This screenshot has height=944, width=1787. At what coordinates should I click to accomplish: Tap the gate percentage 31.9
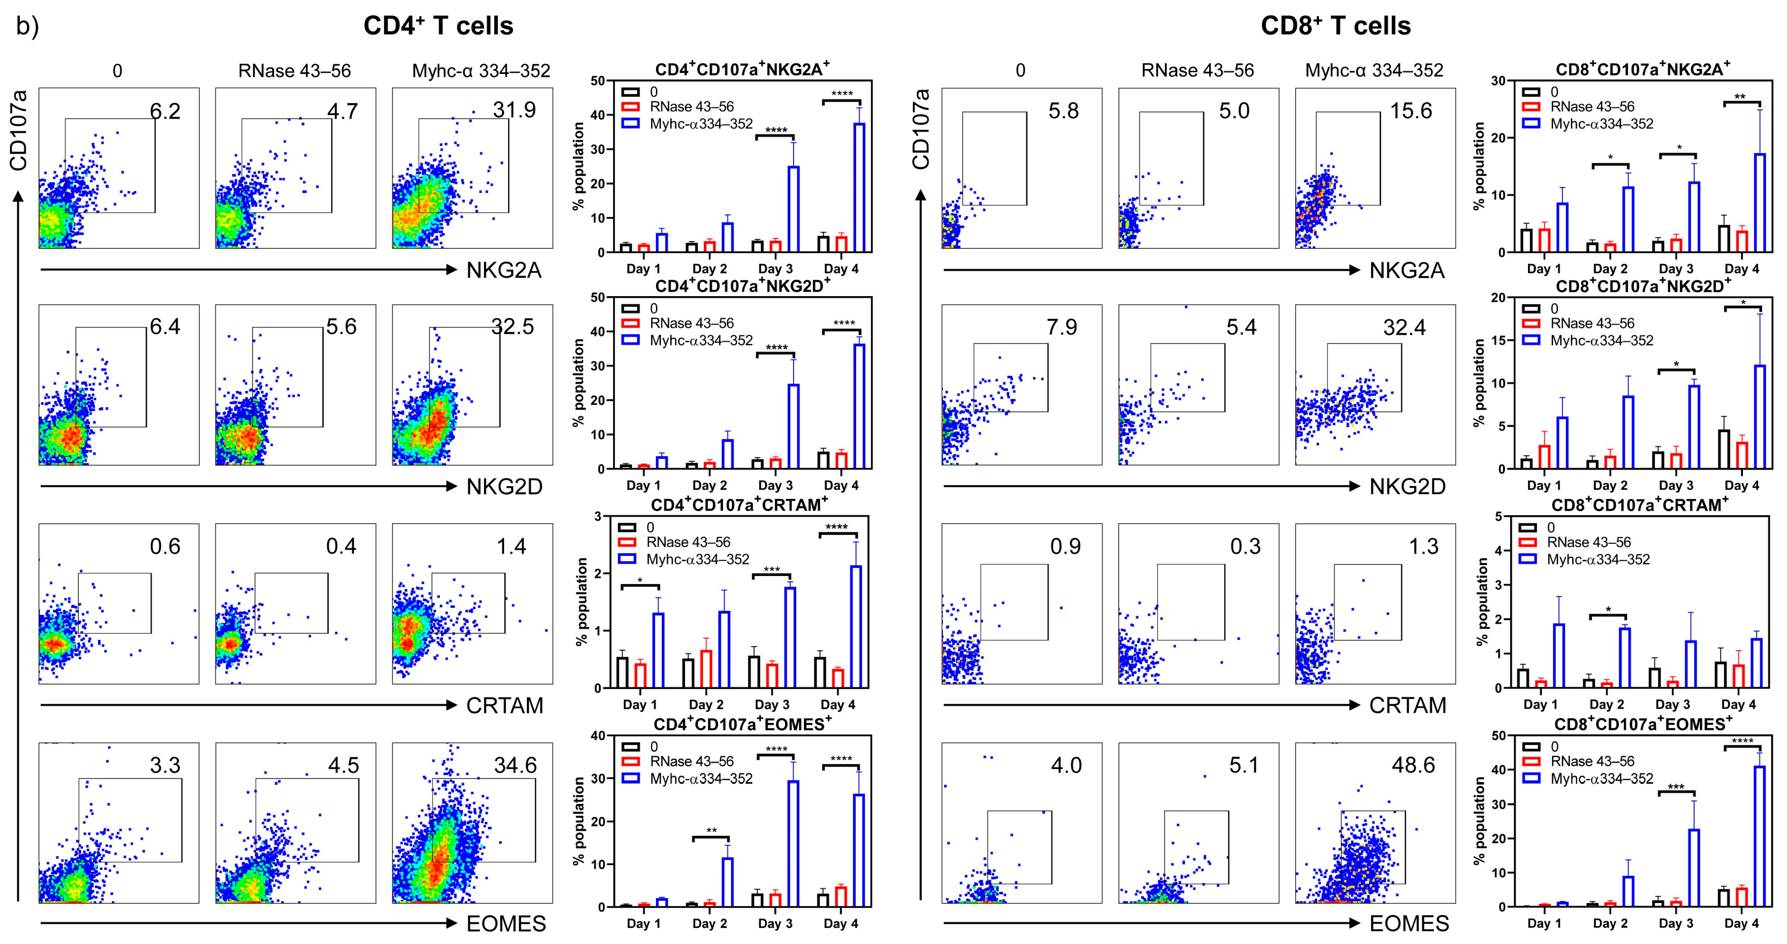click(514, 110)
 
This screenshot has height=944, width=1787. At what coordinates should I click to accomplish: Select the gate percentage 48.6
click(1413, 765)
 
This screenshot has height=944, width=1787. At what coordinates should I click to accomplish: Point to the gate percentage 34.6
click(515, 765)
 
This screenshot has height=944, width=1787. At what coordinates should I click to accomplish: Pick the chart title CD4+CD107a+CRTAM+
click(739, 505)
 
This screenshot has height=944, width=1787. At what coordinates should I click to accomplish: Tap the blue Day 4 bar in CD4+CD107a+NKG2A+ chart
click(859, 187)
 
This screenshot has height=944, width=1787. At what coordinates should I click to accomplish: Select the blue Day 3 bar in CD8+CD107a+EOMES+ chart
click(1693, 868)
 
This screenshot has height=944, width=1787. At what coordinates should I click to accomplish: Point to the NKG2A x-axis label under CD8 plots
click(1406, 270)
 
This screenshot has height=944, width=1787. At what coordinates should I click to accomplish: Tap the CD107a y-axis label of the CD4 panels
click(19, 130)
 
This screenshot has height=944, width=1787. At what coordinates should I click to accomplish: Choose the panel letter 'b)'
click(28, 27)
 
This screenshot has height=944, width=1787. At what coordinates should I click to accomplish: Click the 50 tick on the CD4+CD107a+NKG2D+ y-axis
click(597, 297)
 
